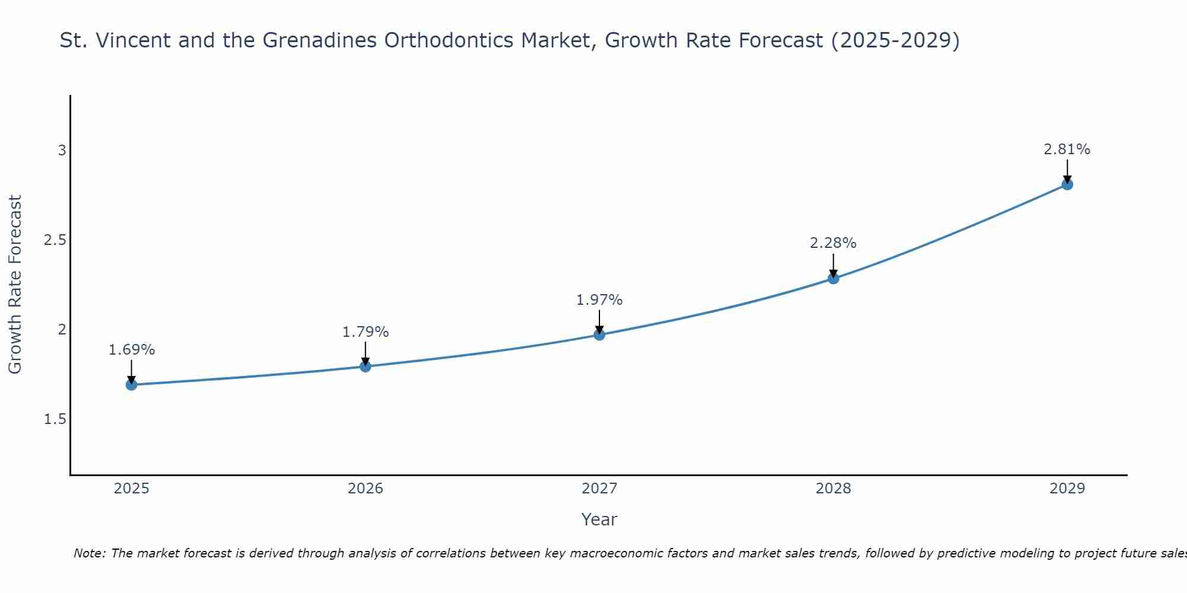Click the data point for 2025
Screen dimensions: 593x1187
[131, 385]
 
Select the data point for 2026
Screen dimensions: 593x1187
[365, 366]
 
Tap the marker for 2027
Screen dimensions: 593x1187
[599, 334]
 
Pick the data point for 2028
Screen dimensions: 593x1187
[833, 278]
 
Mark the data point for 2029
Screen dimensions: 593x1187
[1067, 184]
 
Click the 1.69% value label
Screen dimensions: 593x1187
[131, 350]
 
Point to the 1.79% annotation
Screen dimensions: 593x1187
[365, 332]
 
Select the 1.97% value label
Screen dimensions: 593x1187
[599, 300]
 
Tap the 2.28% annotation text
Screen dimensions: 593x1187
[833, 243]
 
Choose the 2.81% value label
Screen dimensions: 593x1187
[1067, 149]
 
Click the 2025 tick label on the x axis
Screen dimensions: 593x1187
[131, 489]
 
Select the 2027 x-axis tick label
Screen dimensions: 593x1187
[599, 489]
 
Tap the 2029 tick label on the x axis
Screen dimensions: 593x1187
[1067, 489]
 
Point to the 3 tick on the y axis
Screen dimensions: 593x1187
[62, 151]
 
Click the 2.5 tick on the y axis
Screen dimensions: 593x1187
[55, 240]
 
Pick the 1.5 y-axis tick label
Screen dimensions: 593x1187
[55, 419]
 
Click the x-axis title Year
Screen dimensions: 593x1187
[599, 519]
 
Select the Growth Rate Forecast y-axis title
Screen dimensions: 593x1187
[15, 285]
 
